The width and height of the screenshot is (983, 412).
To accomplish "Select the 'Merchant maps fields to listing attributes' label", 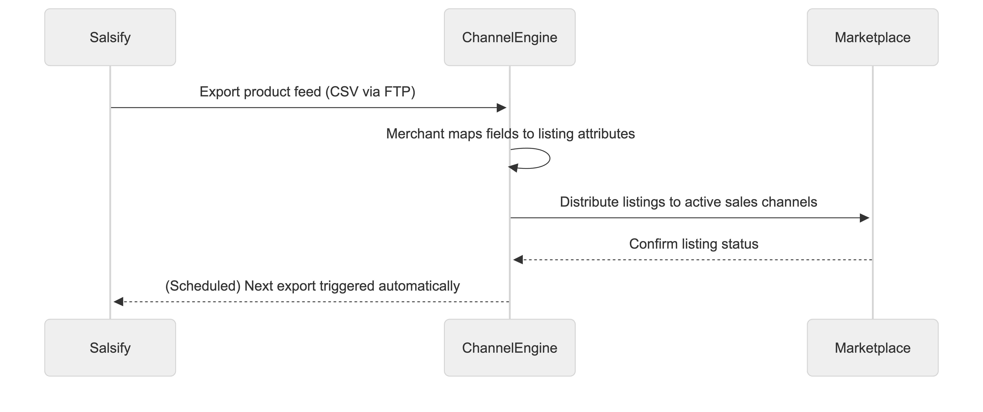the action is point(510,134).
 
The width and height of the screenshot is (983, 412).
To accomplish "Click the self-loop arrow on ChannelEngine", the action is point(550,158).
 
